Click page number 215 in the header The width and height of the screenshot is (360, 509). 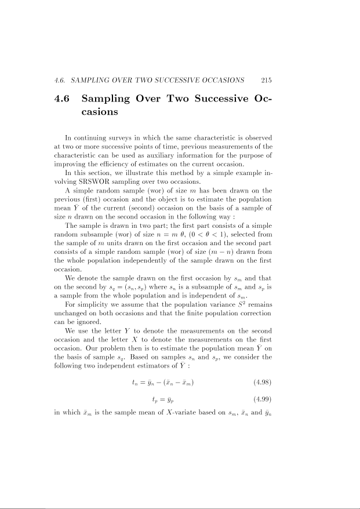267,81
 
